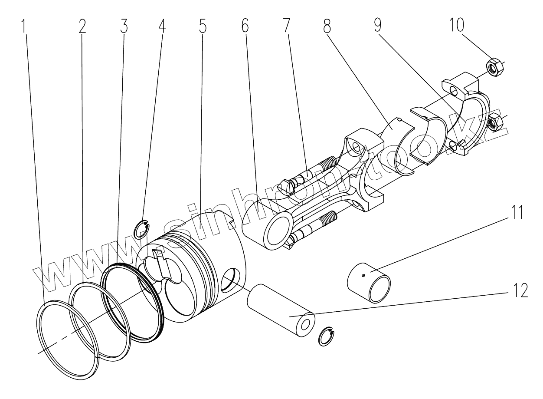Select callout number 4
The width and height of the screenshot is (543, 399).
161,27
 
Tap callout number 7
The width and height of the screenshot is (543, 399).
286,27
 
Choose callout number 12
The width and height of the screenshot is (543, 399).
519,290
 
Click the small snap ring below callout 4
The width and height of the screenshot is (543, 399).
142,230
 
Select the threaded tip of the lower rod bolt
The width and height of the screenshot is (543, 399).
330,216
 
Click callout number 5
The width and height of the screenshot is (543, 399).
203,27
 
